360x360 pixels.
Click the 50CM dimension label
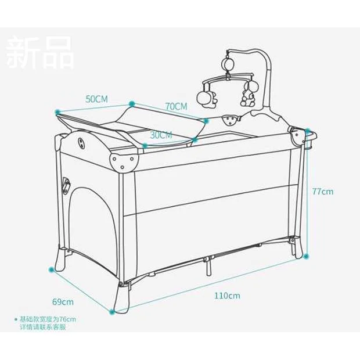[x=97, y=99]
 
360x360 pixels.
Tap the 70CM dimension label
[x=176, y=106]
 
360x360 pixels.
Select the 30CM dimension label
[x=161, y=135]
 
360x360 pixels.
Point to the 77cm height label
[x=322, y=191]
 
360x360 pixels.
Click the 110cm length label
[x=226, y=296]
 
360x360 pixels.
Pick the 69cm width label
[x=63, y=302]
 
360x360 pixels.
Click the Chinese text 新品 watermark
[x=40, y=52]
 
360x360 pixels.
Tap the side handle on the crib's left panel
[x=66, y=186]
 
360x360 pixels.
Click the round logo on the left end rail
[x=80, y=141]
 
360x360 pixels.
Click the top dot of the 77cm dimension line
[x=308, y=131]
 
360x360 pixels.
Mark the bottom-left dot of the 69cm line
[x=52, y=269]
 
